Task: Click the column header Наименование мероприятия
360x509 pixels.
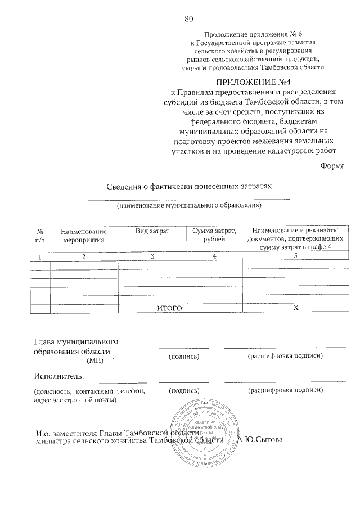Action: click(x=83, y=236)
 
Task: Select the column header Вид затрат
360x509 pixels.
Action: click(x=152, y=231)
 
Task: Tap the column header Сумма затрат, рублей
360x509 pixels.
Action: click(x=214, y=236)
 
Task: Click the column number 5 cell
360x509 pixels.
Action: click(x=296, y=256)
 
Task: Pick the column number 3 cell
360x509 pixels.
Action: click(x=152, y=256)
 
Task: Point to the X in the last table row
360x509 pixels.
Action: click(x=296, y=308)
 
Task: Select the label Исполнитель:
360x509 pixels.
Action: click(x=59, y=376)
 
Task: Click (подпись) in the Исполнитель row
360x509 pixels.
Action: click(x=184, y=390)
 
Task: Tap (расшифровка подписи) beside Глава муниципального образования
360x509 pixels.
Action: click(x=284, y=357)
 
